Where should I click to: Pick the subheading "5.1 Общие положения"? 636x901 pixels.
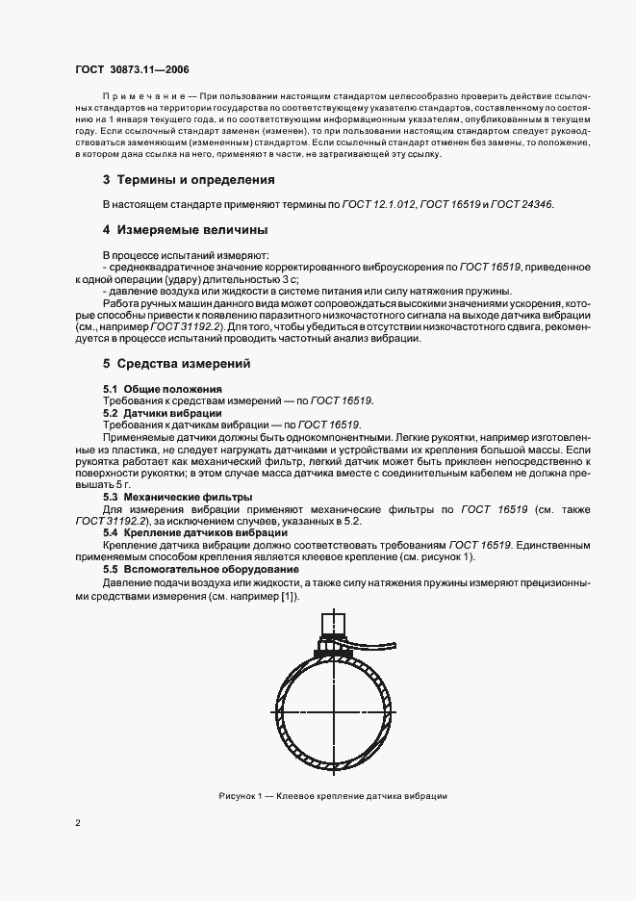click(x=154, y=388)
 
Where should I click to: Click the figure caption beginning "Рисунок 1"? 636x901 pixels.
click(x=332, y=795)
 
